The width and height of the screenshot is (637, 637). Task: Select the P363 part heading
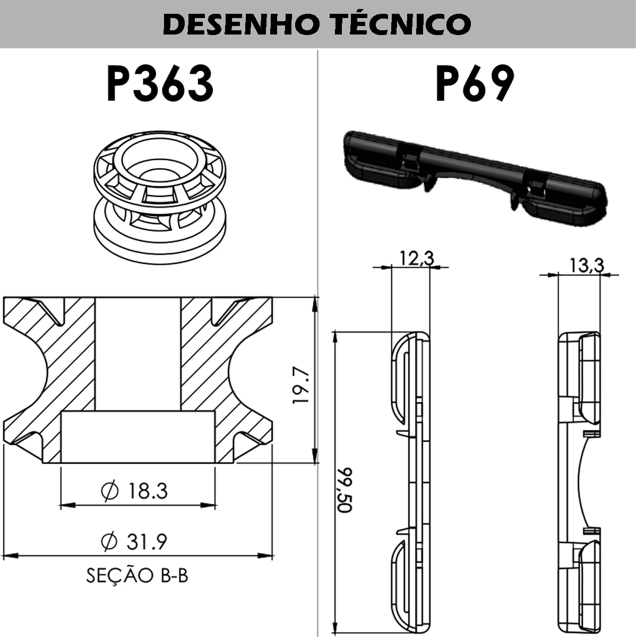[160, 84]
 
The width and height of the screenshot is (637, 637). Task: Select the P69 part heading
[475, 84]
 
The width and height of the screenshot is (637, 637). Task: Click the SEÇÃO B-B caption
[137, 575]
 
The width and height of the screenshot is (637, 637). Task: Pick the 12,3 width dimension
[416, 259]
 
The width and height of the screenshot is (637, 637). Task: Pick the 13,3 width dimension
[586, 265]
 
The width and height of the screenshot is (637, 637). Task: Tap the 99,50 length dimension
[345, 489]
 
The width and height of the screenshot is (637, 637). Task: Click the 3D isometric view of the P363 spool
[159, 194]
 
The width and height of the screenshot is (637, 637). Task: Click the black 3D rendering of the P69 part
[472, 175]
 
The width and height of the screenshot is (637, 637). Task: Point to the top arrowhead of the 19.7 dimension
[315, 304]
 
